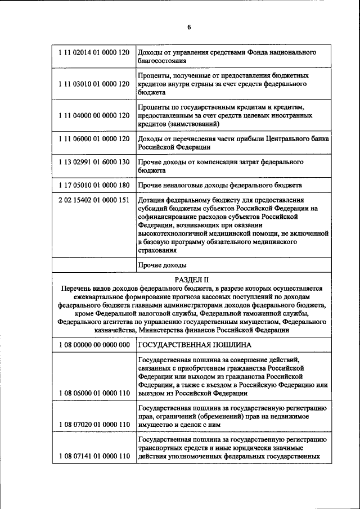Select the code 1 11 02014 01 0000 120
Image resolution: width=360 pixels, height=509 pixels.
pos(93,52)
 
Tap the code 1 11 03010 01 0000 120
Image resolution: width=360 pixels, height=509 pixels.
pos(93,84)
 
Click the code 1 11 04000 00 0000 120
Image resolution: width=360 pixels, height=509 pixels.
pos(93,115)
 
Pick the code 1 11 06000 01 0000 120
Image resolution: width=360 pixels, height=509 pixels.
pos(93,138)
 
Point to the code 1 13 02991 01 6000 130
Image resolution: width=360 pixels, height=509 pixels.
pos(93,161)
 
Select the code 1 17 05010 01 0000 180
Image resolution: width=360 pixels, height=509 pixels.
pos(93,184)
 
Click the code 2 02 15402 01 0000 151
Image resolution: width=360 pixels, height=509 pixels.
pos(93,200)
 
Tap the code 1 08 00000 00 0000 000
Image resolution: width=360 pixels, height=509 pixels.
pos(93,344)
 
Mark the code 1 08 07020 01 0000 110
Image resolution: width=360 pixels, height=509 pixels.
pos(93,425)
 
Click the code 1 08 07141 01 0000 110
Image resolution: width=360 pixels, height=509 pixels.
pos(93,456)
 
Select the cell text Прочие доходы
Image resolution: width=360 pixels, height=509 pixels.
pos(162,264)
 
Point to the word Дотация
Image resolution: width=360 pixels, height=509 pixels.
pos(152,200)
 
